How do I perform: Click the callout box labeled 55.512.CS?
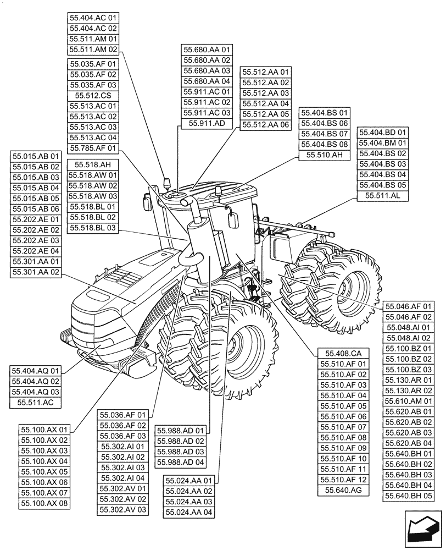[x=93, y=96]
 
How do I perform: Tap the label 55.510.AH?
[x=325, y=155]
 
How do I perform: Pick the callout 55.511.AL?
[x=383, y=196]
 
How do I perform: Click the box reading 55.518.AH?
[x=93, y=164]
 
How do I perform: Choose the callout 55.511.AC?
[x=36, y=403]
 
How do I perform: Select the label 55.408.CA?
[x=343, y=353]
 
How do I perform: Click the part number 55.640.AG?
[x=343, y=490]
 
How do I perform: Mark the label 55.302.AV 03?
[x=123, y=510]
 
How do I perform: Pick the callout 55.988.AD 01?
[x=180, y=431]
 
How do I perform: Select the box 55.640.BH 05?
[x=409, y=496]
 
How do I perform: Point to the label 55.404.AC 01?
[x=93, y=18]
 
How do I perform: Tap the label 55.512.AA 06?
[x=266, y=125]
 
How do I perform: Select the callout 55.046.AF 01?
[x=409, y=306]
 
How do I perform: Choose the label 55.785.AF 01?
[x=93, y=148]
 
